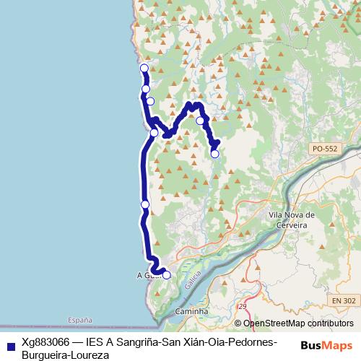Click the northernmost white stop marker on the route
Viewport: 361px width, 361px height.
click(x=144, y=68)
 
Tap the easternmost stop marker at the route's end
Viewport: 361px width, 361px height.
click(x=214, y=153)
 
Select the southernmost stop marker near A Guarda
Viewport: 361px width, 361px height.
click(x=167, y=274)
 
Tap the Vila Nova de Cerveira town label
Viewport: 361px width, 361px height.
click(x=291, y=219)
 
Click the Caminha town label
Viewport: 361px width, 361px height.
click(x=191, y=311)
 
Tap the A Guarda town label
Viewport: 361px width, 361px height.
click(x=146, y=275)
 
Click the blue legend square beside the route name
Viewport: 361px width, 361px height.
click(x=11, y=343)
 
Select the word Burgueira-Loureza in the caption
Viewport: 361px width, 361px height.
click(x=65, y=355)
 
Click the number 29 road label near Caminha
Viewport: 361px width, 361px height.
click(x=243, y=307)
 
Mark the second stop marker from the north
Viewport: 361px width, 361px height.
click(x=146, y=89)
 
